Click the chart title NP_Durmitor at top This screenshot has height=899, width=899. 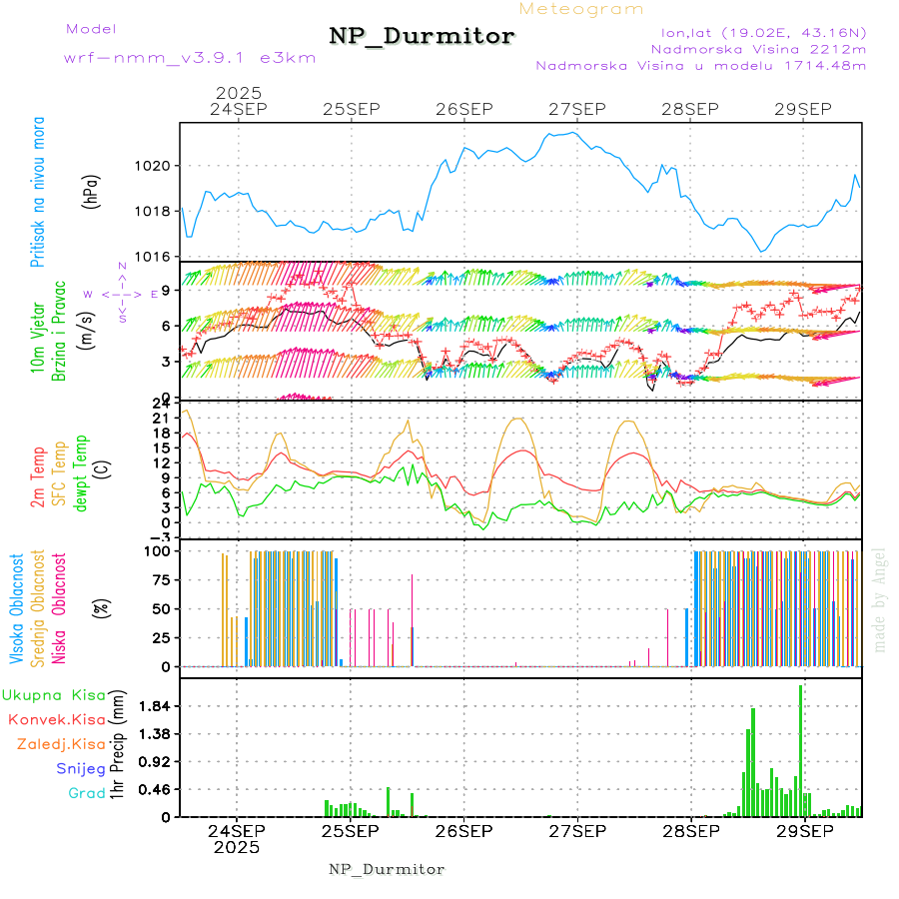[x=422, y=37]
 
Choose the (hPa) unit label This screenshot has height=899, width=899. [x=91, y=190]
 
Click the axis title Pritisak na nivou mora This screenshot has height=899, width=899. [x=38, y=192]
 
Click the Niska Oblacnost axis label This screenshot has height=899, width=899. [x=59, y=607]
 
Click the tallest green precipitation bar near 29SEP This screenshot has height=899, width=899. [x=800, y=749]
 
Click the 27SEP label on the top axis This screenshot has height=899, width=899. [x=577, y=108]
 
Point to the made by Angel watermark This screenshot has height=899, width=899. [x=880, y=599]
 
